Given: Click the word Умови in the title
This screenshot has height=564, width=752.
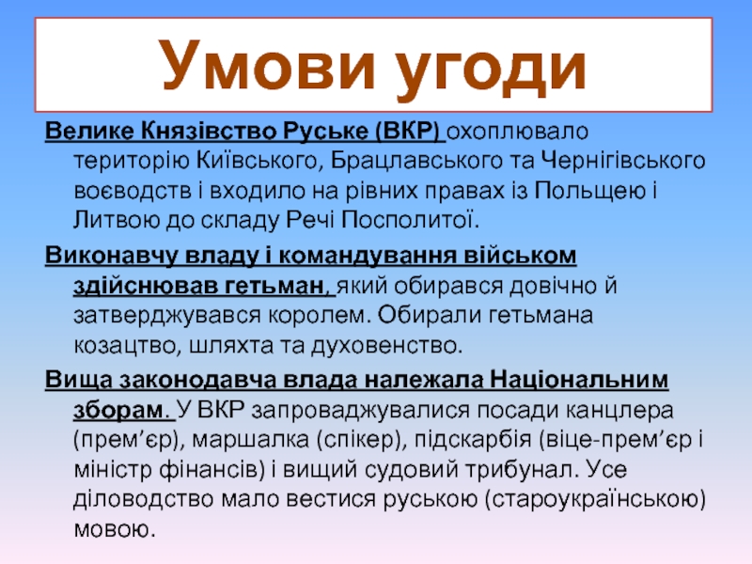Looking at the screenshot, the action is pos(268,66).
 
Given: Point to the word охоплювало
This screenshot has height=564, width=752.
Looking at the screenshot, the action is pos(518,132).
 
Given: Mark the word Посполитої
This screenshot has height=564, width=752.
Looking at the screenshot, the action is pos(410,220).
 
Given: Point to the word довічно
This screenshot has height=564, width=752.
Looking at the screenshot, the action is pos(550,286).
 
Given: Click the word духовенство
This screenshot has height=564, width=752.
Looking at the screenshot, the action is pos(386,346).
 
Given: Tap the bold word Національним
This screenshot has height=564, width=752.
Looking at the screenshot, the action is pos(579,380).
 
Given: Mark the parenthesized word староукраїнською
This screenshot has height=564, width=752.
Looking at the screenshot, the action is pos(595,500).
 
